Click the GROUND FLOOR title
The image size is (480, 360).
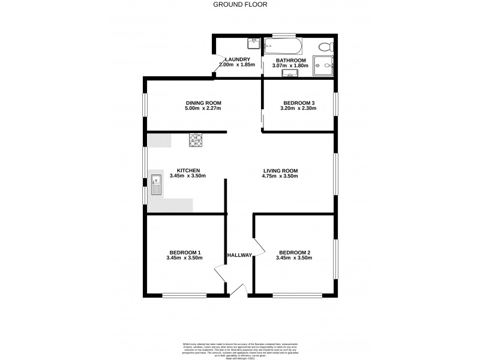point(240,4)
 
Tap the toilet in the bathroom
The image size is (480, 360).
point(326,46)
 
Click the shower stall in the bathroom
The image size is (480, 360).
point(326,67)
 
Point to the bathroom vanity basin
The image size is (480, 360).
point(290,74)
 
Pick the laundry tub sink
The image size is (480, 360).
point(253,43)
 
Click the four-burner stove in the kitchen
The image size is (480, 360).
point(196,140)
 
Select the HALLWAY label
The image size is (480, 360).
point(239,256)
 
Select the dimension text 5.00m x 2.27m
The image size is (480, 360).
point(203,109)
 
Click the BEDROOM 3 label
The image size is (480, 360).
point(299,103)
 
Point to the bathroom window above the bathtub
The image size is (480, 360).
point(283,34)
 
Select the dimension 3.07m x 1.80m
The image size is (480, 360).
point(290,66)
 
